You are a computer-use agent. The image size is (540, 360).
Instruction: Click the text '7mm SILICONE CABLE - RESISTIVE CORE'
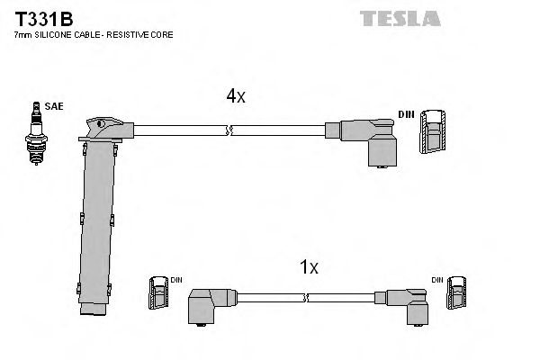[94, 35]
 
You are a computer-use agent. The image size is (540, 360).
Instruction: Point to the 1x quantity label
[309, 266]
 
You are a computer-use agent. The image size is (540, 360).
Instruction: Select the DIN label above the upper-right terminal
[406, 114]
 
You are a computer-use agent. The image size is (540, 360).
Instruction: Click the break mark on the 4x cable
[231, 131]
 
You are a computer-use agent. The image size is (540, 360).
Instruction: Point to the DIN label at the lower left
[176, 280]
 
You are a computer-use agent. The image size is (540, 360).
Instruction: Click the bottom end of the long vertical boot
[93, 311]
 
